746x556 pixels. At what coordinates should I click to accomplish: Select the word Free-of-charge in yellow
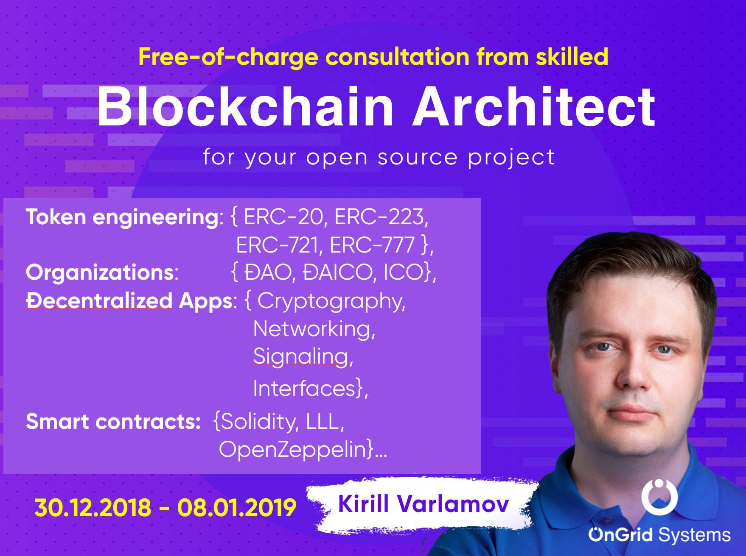point(228,57)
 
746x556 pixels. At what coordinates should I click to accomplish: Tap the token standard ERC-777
point(372,245)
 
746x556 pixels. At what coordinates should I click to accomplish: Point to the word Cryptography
point(331,302)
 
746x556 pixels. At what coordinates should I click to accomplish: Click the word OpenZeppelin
point(292,450)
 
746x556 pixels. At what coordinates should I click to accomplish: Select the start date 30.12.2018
point(93,507)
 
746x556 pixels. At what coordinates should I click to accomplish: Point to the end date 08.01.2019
point(237,507)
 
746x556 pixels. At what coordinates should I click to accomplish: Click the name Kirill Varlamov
point(423,504)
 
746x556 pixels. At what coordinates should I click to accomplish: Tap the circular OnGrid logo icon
point(659,496)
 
